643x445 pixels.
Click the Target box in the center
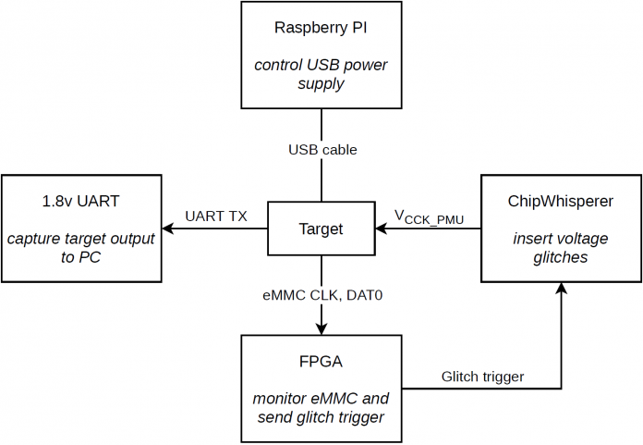[321, 229]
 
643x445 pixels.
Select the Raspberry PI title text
[321, 28]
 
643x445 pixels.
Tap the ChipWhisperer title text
[561, 201]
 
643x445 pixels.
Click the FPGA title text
[321, 362]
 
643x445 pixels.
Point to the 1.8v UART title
[80, 201]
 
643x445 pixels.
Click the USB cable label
[322, 150]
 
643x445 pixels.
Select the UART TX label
[216, 216]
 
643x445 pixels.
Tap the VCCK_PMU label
[429, 217]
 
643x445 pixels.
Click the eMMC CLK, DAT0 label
[322, 295]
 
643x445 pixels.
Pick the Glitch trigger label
[482, 377]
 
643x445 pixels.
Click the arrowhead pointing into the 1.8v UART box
[168, 229]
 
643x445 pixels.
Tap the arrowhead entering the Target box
[381, 229]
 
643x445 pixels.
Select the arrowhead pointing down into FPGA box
[321, 329]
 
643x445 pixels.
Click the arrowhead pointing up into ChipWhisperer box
[561, 288]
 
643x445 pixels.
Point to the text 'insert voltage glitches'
[561, 248]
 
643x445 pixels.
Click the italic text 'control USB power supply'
[321, 74]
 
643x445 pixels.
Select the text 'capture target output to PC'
[80, 248]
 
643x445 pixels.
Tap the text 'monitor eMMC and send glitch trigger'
[321, 408]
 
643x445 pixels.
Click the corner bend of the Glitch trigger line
[561, 389]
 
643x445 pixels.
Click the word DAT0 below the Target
[365, 295]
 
